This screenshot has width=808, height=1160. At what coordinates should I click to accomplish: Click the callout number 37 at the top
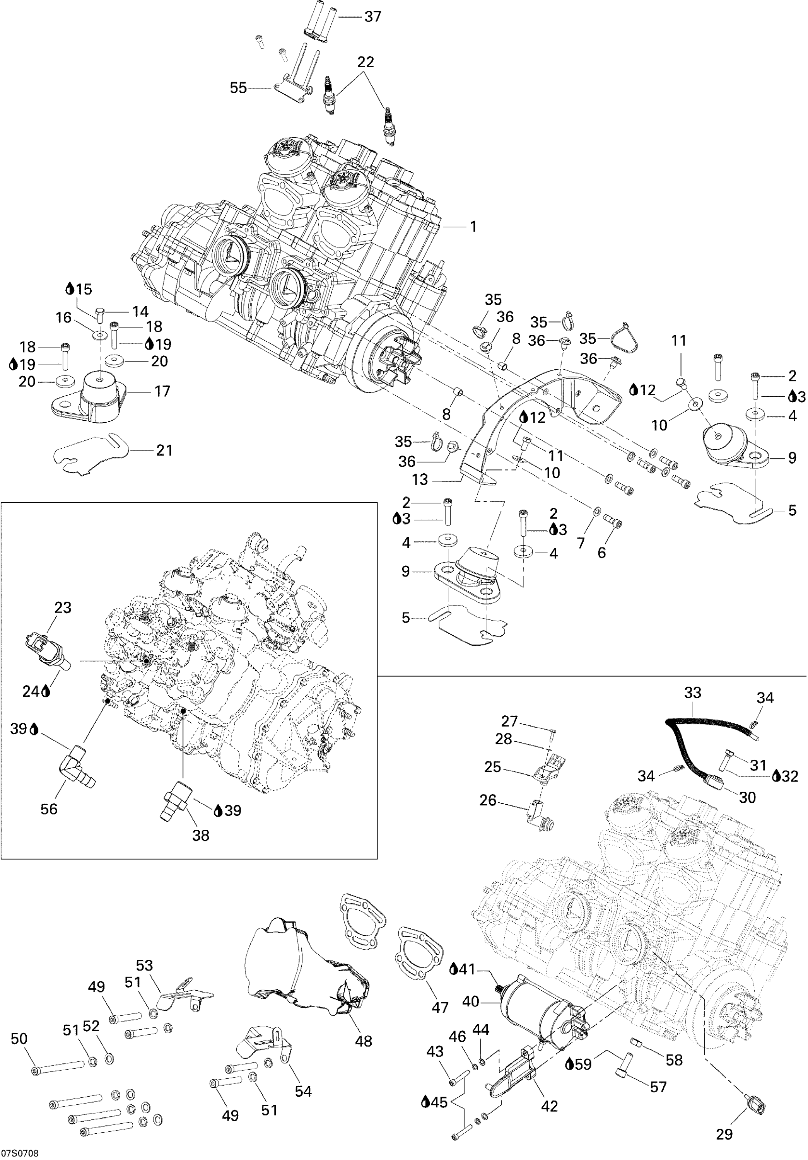coord(372,17)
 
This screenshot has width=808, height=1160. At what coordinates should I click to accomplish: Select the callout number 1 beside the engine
coord(473,227)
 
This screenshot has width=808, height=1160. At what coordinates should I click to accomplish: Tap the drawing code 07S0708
coord(20,1153)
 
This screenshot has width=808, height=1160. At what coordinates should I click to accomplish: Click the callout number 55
coord(239,88)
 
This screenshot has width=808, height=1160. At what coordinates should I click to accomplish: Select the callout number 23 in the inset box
coord(63,607)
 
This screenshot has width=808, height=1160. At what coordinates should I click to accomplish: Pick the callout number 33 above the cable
coord(693,692)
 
